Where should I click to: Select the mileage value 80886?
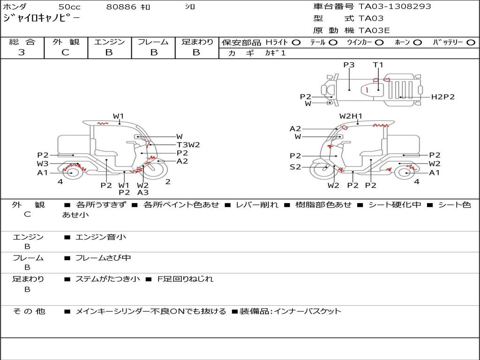121,7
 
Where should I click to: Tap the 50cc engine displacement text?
69,7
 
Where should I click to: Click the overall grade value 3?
22,52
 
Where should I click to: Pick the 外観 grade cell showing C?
65,52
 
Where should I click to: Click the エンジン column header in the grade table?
109,42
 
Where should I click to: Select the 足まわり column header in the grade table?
197,42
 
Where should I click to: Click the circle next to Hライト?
296,43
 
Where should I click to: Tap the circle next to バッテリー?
471,43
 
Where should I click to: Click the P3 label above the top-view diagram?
349,65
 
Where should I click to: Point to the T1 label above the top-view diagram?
378,65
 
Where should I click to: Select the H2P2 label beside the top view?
443,97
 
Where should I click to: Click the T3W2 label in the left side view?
188,145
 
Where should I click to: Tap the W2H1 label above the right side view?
351,116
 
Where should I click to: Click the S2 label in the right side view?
295,167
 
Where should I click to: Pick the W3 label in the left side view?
43,164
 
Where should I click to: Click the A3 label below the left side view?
143,192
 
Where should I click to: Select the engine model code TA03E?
374,31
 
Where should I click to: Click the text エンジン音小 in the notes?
101,237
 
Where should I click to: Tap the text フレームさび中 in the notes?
103,258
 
